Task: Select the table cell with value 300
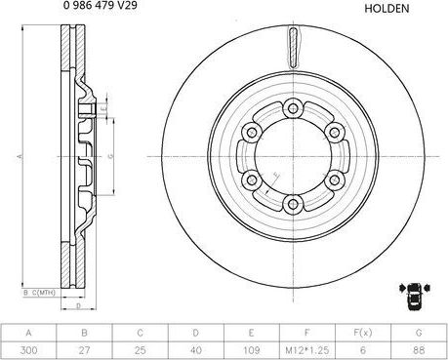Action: (29, 348)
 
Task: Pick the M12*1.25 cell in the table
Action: (307, 348)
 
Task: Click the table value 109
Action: (252, 348)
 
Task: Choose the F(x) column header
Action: (363, 331)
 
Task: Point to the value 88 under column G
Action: (419, 348)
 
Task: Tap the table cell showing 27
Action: (85, 348)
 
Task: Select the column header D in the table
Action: (196, 331)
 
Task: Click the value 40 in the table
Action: (196, 348)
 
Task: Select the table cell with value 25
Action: (141, 348)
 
